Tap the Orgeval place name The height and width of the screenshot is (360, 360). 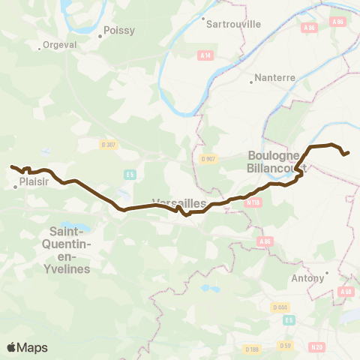[56, 44]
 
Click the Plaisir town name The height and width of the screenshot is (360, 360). [34, 180]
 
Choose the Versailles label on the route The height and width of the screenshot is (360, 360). [174, 202]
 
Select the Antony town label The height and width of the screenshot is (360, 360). [309, 278]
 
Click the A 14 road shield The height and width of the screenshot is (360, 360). [205, 55]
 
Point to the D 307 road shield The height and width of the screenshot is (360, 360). [109, 145]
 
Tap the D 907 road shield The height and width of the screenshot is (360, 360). [208, 158]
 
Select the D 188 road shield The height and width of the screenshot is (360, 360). [252, 349]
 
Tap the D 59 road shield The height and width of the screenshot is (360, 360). [285, 346]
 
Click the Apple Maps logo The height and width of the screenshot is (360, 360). [27, 347]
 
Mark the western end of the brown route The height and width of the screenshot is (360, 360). [11, 166]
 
